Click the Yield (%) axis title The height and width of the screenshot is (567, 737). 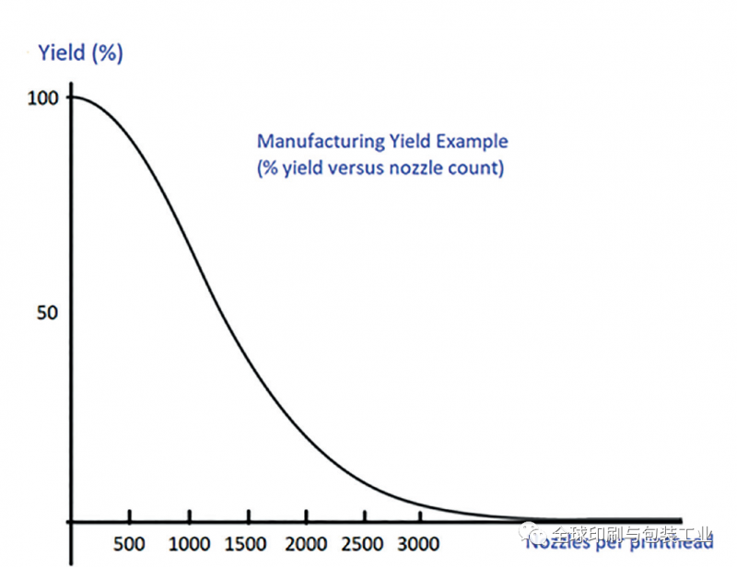[x=80, y=52]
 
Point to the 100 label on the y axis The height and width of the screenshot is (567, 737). [x=42, y=98]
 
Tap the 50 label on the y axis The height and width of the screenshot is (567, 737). [x=47, y=313]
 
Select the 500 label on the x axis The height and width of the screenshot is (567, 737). [x=130, y=543]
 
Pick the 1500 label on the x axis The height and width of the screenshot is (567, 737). [x=247, y=543]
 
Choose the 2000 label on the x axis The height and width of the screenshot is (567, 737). [x=305, y=543]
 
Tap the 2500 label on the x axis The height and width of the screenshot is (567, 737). [x=363, y=543]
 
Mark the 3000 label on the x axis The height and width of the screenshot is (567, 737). [x=420, y=543]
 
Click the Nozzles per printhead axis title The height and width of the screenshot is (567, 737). [x=620, y=543]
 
